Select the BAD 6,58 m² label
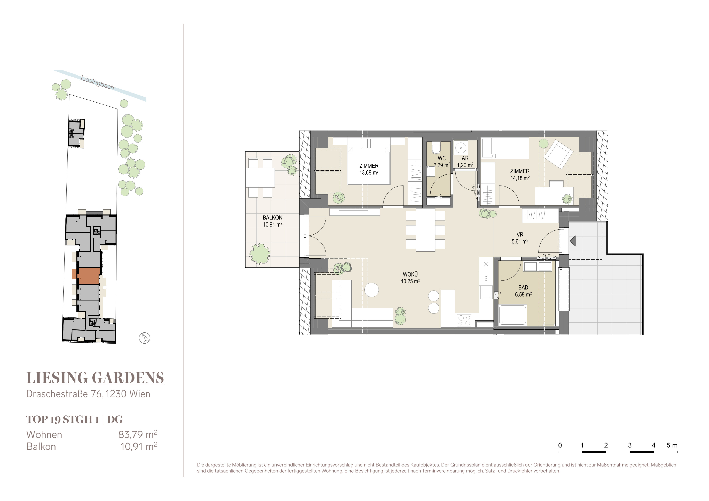pos(523,291)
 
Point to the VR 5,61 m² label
pos(520,238)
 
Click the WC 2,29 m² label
pos(442,162)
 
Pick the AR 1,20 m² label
pos(465,162)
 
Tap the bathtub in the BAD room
pos(513,315)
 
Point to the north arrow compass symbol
pos(144,338)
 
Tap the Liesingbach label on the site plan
pos(97,83)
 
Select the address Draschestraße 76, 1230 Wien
pos(88,394)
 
